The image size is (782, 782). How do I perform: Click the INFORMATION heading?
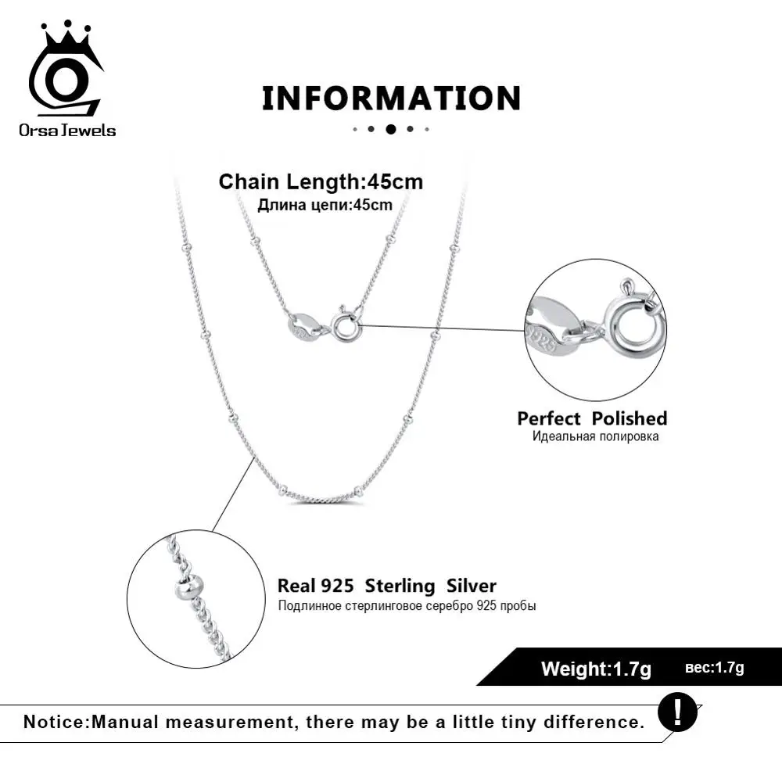pos(391,99)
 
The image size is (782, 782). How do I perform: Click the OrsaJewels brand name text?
pos(67,130)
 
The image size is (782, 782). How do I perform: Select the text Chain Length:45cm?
pos(321,182)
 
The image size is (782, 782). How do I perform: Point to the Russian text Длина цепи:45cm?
pos(325,205)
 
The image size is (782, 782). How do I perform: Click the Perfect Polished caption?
pos(592,418)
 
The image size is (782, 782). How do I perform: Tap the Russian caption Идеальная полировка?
pos(595,436)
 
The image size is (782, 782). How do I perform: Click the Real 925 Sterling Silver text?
pos(386,586)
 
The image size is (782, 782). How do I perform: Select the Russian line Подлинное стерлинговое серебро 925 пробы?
pos(406,606)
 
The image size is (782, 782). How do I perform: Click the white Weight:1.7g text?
pos(596,669)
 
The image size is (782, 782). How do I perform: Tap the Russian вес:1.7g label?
pos(714,668)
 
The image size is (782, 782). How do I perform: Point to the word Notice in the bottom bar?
pos(55,721)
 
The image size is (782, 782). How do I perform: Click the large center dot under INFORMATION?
pos(391,129)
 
